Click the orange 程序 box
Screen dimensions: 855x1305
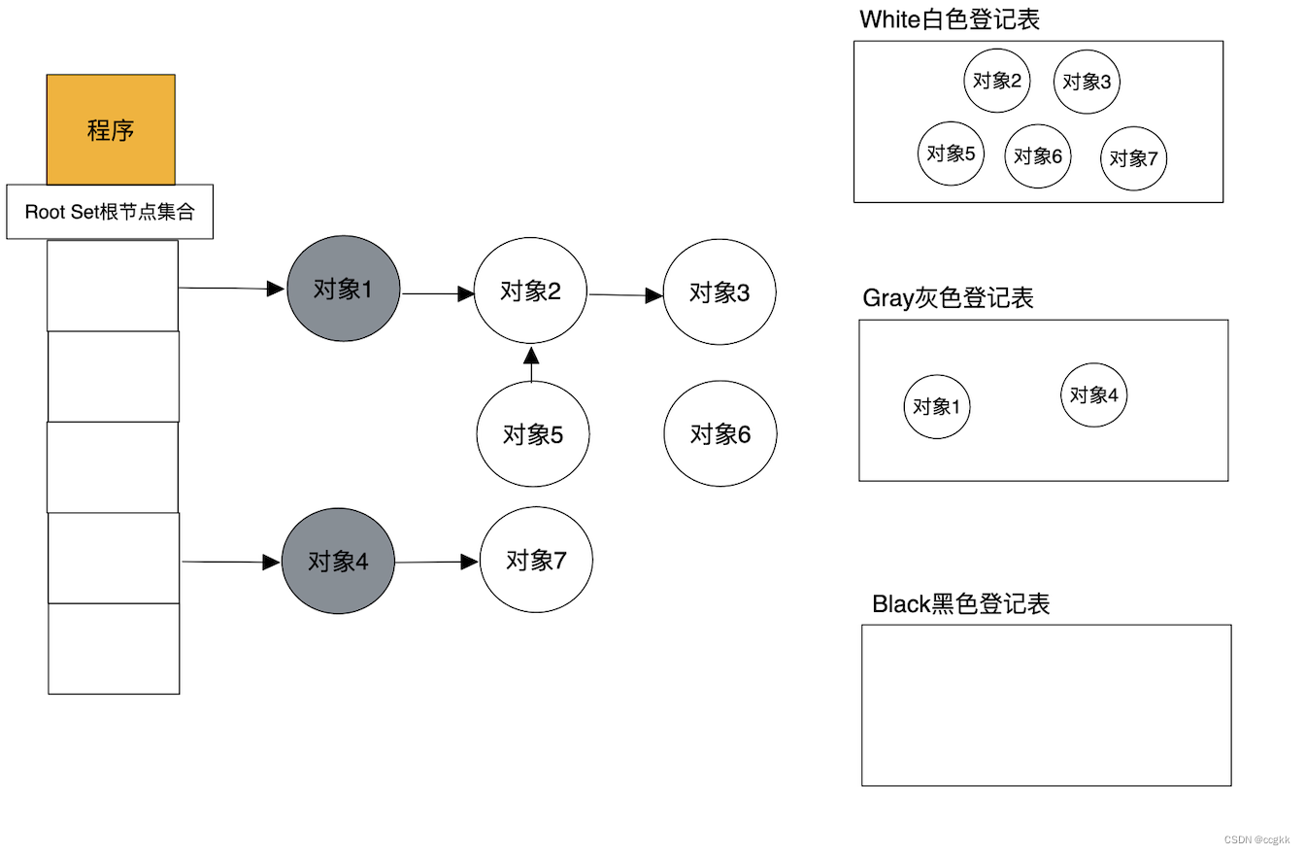(111, 129)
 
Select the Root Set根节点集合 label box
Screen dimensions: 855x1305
(110, 212)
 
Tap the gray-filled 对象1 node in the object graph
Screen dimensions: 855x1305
(343, 290)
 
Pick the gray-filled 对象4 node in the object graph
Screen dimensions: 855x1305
(338, 562)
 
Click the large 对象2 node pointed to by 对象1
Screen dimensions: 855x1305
(530, 291)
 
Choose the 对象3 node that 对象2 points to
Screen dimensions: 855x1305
(719, 292)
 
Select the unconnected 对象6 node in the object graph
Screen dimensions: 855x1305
(720, 434)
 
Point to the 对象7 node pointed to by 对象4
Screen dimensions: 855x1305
(536, 560)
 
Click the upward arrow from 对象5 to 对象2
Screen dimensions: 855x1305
(531, 363)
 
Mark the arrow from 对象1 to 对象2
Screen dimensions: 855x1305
(438, 292)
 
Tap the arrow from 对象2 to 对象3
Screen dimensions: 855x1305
(625, 294)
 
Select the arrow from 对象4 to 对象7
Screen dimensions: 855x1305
(437, 562)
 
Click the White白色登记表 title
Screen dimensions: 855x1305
(950, 19)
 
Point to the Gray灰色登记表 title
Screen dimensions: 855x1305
(948, 298)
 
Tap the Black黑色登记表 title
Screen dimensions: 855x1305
(961, 603)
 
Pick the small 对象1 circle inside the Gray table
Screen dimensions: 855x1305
(937, 406)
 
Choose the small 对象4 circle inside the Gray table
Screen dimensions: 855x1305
(1093, 395)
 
